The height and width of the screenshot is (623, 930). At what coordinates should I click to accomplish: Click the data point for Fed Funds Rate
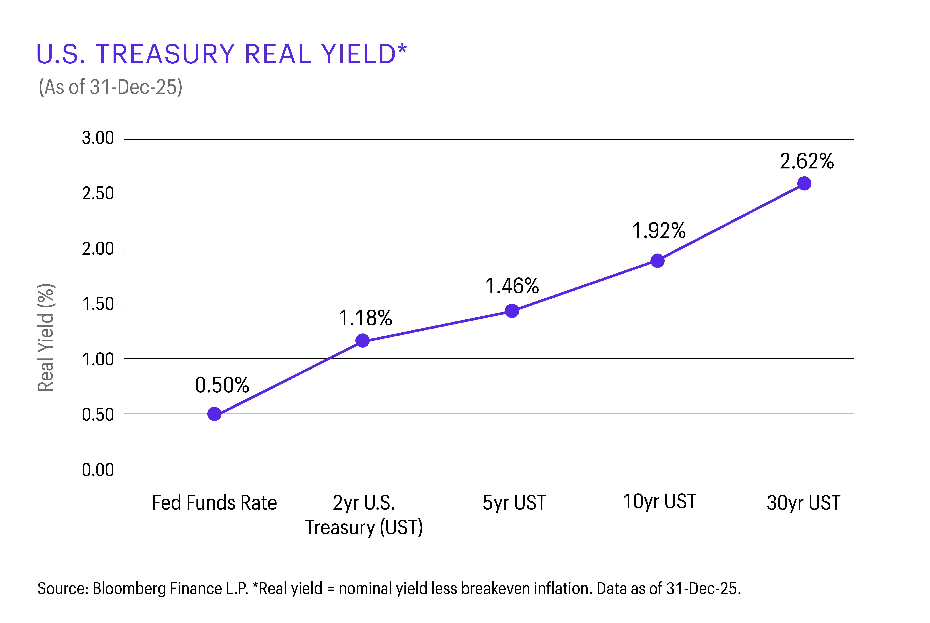pyautogui.click(x=214, y=414)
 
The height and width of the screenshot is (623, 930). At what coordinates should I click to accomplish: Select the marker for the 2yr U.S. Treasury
pyautogui.click(x=362, y=340)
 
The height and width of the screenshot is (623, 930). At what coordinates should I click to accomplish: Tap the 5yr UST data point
pyautogui.click(x=512, y=311)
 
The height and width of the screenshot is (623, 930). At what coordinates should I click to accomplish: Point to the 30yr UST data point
pyautogui.click(x=804, y=184)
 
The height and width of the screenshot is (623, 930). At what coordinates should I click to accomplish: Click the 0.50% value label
pyautogui.click(x=222, y=385)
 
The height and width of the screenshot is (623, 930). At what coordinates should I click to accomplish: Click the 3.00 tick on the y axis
pyautogui.click(x=98, y=138)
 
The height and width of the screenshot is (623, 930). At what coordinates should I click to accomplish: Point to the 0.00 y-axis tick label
pyautogui.click(x=98, y=470)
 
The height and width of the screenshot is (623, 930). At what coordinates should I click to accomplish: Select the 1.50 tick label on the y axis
pyautogui.click(x=98, y=304)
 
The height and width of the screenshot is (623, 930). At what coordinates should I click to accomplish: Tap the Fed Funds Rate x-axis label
pyautogui.click(x=214, y=503)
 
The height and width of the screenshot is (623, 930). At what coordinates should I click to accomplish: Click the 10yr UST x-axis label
pyautogui.click(x=659, y=501)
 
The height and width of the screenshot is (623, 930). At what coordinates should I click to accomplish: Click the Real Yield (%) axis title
pyautogui.click(x=46, y=338)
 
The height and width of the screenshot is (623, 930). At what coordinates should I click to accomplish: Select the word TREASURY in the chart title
pyautogui.click(x=165, y=54)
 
